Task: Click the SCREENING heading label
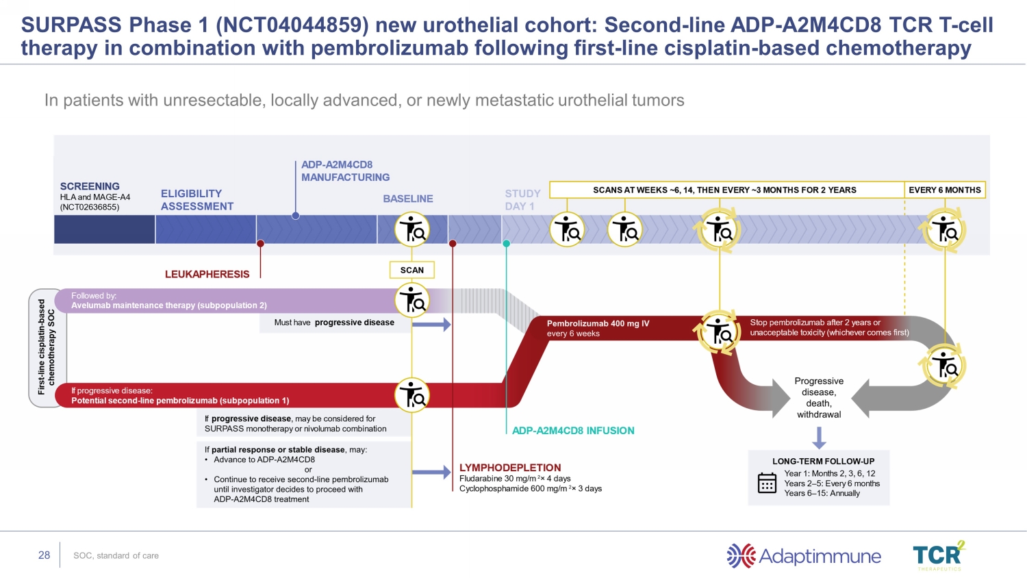pyautogui.click(x=90, y=186)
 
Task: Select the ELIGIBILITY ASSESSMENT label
pyautogui.click(x=196, y=200)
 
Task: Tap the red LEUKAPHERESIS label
pyautogui.click(x=207, y=274)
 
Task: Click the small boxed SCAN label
pyautogui.click(x=412, y=270)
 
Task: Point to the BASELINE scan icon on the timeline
pyautogui.click(x=412, y=229)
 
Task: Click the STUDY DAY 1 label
pyautogui.click(x=522, y=200)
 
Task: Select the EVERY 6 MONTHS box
pyautogui.click(x=945, y=190)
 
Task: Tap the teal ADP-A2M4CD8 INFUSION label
pyautogui.click(x=573, y=431)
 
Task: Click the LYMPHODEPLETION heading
pyautogui.click(x=510, y=468)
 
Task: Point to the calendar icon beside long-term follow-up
pyautogui.click(x=767, y=483)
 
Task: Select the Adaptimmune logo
pyautogui.click(x=804, y=556)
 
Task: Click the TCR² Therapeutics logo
pyautogui.click(x=939, y=555)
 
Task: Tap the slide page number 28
pyautogui.click(x=45, y=555)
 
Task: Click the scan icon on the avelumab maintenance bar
pyautogui.click(x=412, y=300)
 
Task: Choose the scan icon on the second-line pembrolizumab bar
pyautogui.click(x=412, y=395)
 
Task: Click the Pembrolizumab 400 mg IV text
pyautogui.click(x=598, y=323)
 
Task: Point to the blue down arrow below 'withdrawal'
pyautogui.click(x=819, y=437)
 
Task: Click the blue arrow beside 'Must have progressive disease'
pyautogui.click(x=431, y=324)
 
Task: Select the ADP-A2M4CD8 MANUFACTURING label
pyautogui.click(x=345, y=171)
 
